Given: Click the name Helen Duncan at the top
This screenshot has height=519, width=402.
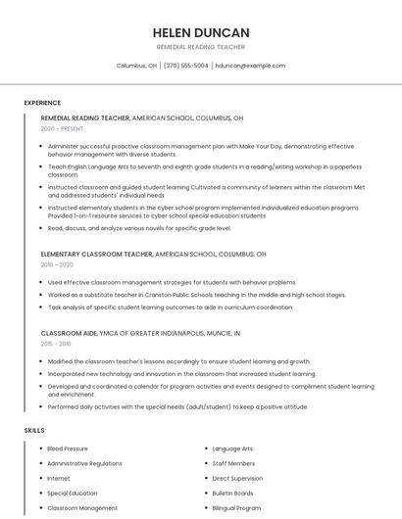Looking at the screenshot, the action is coord(200,32).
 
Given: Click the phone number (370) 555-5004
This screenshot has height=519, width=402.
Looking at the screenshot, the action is coord(186,66).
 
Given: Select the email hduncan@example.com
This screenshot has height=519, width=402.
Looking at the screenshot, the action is coord(250,66).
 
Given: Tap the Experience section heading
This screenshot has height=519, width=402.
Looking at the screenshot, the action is coord(42,103).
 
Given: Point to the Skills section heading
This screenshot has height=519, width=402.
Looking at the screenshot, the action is coord(34,430).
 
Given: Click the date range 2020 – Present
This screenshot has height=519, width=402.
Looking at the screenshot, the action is coord(61,128).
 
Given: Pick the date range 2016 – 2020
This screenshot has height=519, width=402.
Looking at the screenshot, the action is coord(57,264).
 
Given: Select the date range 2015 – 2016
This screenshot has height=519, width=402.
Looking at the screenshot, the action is coord(56,344).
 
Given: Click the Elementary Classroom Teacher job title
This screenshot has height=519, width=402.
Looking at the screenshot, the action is coord(96,254).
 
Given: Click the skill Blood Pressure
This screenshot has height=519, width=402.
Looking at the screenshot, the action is coord(68,448).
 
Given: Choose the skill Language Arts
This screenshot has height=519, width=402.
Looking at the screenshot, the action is coord(232,448).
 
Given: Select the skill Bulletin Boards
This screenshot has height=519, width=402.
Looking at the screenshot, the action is coord(232,494).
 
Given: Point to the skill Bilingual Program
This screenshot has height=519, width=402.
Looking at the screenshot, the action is coord(236,508).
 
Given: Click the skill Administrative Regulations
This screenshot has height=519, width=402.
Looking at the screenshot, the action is coord(84,463).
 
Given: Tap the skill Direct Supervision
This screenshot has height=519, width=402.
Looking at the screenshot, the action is coord(236,479).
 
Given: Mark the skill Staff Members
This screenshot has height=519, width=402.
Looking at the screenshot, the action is coord(233,463).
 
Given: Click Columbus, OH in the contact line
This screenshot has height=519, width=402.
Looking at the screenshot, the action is coord(137,66).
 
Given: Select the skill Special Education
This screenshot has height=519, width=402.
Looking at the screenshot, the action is coord(73,494).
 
